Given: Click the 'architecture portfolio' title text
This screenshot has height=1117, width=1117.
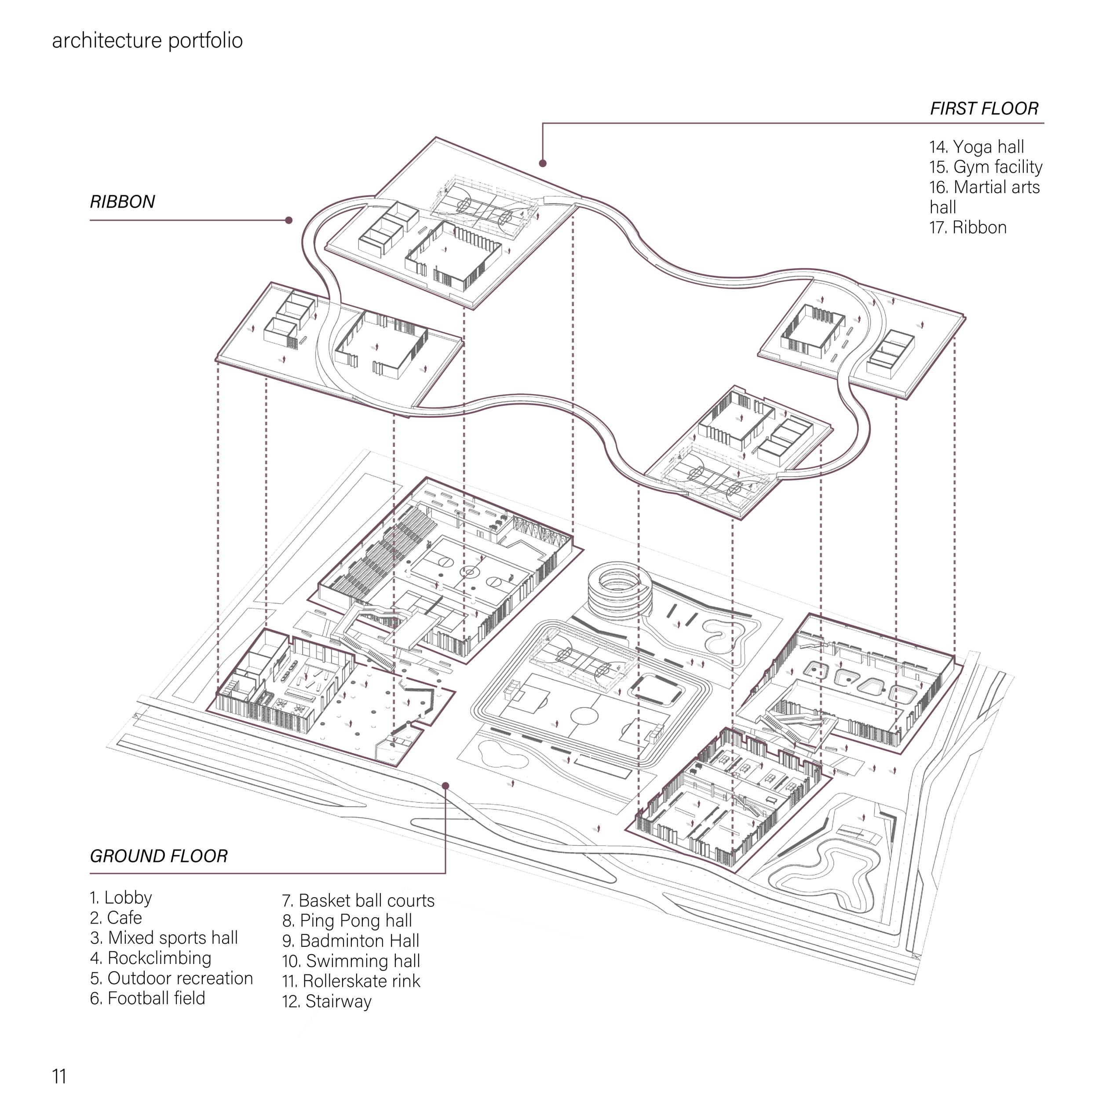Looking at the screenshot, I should click(147, 40).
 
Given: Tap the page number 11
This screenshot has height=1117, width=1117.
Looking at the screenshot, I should click(59, 1077).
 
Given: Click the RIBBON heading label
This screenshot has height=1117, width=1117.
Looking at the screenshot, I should click(123, 202).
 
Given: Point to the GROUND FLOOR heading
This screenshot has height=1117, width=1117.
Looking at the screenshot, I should click(159, 856).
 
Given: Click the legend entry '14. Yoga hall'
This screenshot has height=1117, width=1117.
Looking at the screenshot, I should click(977, 147).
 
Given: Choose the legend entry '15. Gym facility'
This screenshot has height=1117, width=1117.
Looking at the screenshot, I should click(986, 167).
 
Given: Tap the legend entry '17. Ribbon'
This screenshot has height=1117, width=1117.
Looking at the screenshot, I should click(968, 227).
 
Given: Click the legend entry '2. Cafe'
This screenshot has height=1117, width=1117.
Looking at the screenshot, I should click(116, 917).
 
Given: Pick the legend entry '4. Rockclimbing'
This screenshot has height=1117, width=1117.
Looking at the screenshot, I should click(150, 958).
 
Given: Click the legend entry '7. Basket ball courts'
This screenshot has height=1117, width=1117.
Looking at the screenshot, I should click(358, 900).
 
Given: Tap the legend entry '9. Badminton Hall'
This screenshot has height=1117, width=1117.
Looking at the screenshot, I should click(350, 941).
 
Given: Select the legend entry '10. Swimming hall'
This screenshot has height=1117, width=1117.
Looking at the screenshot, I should click(351, 961).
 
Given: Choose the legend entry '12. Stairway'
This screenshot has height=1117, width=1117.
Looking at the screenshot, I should click(327, 1001).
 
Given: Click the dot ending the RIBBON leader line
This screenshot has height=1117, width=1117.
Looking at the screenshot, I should click(289, 220).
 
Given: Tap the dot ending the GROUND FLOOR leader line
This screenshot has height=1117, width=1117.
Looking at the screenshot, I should click(445, 785).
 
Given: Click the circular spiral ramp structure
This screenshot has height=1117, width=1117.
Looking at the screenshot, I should click(619, 590).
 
